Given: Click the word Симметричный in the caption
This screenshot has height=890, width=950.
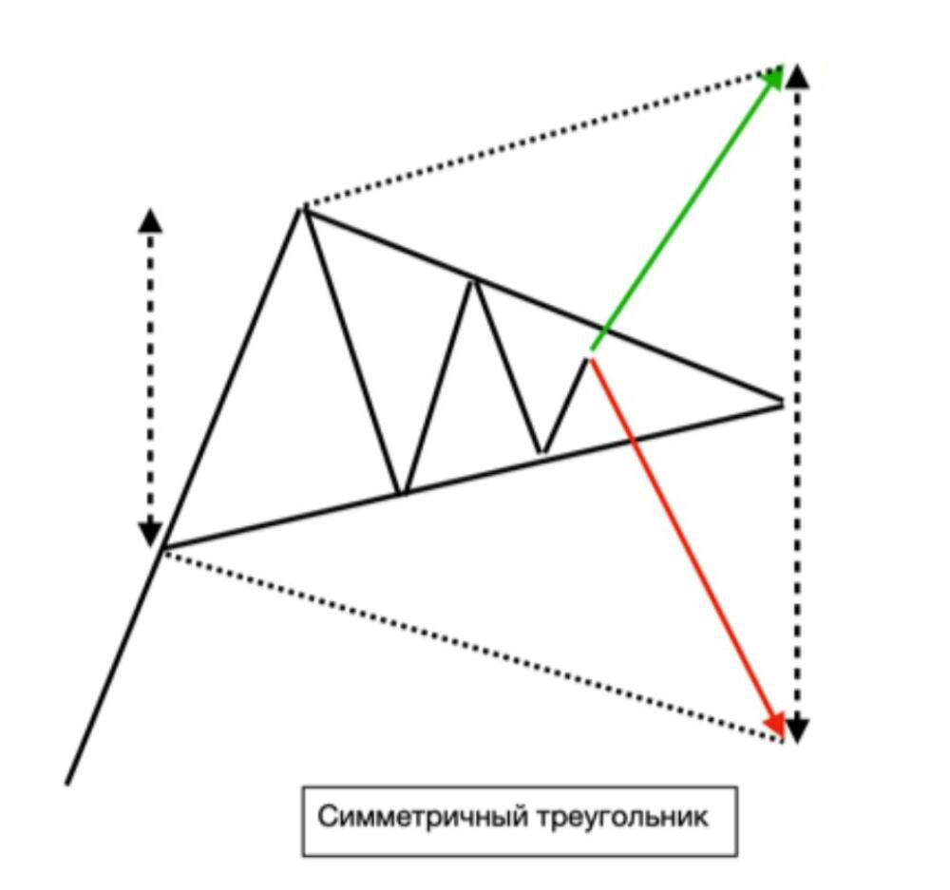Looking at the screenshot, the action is coord(423,817).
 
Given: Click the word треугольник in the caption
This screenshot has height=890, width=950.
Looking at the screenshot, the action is coord(622,817).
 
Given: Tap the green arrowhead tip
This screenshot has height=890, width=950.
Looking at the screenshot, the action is coord(783,66).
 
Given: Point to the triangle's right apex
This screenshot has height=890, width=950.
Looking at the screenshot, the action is coord(783,401).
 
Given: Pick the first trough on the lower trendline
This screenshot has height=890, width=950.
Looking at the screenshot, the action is coord(402,493).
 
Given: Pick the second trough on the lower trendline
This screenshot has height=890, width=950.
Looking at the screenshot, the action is coord(542,452).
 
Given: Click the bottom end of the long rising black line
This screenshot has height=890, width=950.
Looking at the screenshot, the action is coord(67,786).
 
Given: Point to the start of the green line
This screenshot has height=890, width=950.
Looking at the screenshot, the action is coord(591,350).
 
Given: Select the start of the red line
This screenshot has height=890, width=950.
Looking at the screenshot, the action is coord(590,360).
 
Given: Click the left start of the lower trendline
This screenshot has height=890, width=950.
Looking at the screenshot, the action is coord(162,548).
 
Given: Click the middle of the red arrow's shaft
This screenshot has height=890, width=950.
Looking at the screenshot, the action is coord(687,548).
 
